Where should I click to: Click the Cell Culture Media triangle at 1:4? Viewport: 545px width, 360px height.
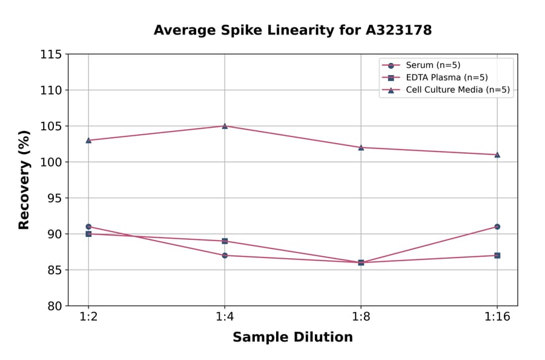[x=225, y=126]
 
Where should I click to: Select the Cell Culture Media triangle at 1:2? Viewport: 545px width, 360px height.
[x=88, y=140]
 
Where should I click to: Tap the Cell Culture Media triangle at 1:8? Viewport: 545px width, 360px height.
[x=361, y=147]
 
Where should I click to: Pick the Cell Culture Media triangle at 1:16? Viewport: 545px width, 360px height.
[x=497, y=155]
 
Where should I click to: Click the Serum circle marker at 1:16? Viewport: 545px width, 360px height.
[x=497, y=227]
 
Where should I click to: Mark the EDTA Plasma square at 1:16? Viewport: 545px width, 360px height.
[x=497, y=255]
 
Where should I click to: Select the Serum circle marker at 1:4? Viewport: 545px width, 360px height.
[x=225, y=255]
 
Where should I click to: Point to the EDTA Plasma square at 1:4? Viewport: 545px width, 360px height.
[x=225, y=241]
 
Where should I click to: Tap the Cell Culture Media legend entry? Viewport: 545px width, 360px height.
[x=457, y=90]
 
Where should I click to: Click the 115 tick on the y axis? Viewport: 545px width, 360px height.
[x=51, y=55]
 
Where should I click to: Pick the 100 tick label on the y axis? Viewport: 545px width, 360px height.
[x=51, y=162]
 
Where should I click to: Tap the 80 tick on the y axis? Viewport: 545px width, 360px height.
[x=54, y=306]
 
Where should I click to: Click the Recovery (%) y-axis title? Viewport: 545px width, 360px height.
[x=24, y=180]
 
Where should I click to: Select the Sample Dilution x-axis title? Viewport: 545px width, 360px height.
[x=292, y=338]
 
